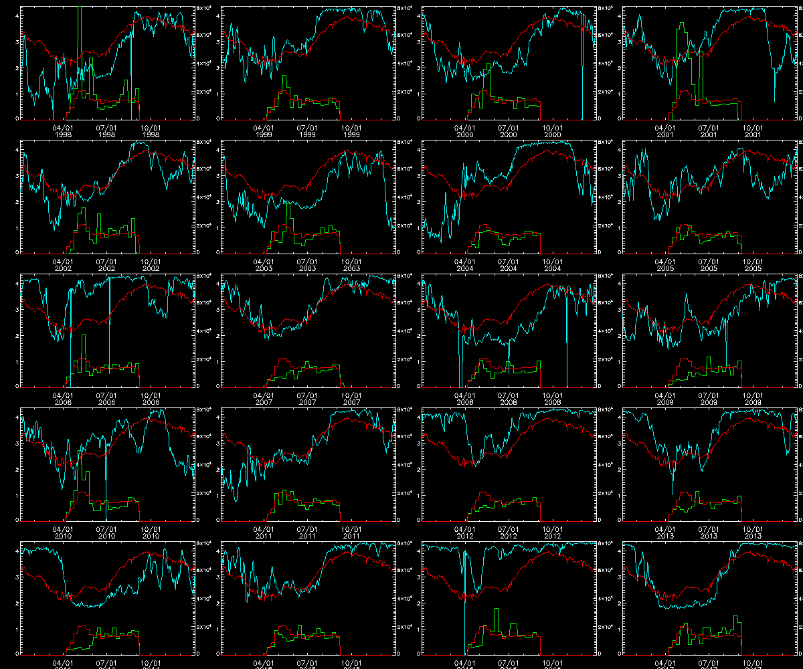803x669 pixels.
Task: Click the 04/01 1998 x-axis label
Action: pyautogui.click(x=64, y=130)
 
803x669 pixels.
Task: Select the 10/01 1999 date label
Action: pyautogui.click(x=351, y=130)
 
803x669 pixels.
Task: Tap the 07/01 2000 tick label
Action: pyautogui.click(x=509, y=130)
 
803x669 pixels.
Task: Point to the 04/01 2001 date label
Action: pyautogui.click(x=665, y=130)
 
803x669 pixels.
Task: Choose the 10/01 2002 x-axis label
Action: pyautogui.click(x=151, y=264)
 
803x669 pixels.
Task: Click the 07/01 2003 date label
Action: pyautogui.click(x=308, y=264)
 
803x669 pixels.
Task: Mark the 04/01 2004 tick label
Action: pyautogui.click(x=465, y=264)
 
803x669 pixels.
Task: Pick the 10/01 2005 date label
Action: pyautogui.click(x=753, y=264)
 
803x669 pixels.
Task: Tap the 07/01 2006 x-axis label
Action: pyautogui.click(x=107, y=398)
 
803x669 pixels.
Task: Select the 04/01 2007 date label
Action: pyautogui.click(x=264, y=398)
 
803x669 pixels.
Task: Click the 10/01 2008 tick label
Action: pyautogui.click(x=552, y=398)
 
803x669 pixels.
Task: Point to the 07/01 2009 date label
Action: pyautogui.click(x=709, y=398)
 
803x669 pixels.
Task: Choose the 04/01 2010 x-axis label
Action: pyautogui.click(x=64, y=532)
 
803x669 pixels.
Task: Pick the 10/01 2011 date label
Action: pyautogui.click(x=351, y=532)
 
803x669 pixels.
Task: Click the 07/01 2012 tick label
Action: pyautogui.click(x=509, y=532)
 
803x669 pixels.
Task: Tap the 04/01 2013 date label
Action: pyautogui.click(x=665, y=532)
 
